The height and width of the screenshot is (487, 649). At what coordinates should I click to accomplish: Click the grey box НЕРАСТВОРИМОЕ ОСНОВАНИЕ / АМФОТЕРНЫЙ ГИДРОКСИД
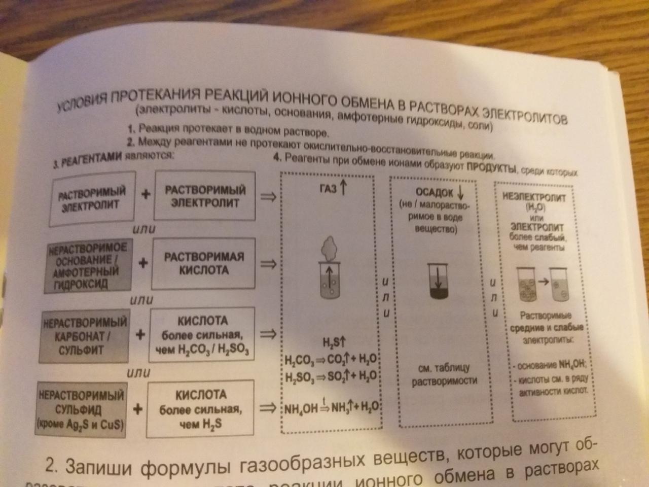point(88,265)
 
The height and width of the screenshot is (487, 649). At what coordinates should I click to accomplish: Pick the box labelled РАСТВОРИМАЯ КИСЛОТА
point(204,263)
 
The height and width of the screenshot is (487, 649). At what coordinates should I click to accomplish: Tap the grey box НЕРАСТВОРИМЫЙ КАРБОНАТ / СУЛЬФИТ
point(86,336)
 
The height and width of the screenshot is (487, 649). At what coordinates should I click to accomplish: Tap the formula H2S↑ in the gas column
point(333,341)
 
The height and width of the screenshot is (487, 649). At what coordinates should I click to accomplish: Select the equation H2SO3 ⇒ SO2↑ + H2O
point(329,377)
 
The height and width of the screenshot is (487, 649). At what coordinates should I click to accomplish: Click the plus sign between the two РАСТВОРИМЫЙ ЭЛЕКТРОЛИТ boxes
point(146,195)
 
